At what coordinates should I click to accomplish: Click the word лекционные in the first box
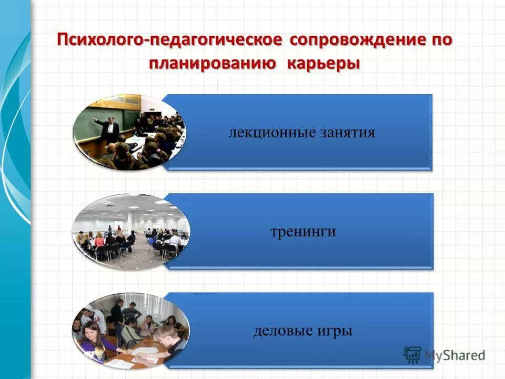click(272, 132)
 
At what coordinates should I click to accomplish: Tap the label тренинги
click(302, 232)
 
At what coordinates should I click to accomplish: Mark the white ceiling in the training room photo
click(132, 208)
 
